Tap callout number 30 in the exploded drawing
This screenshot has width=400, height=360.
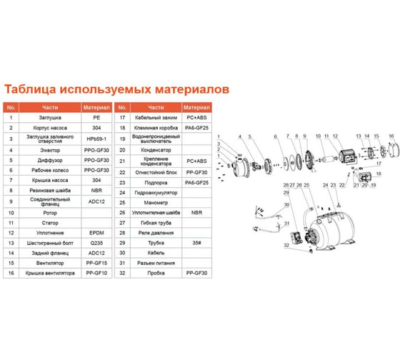(x=285, y=205)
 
